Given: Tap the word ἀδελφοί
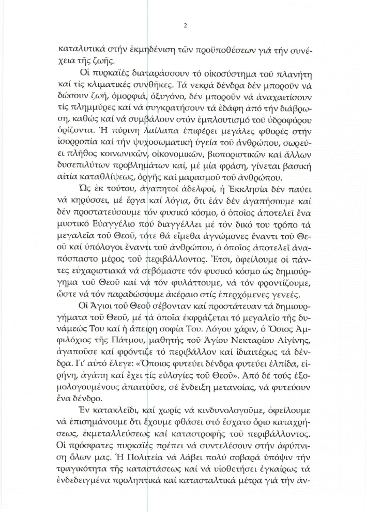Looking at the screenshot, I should click(x=175, y=201).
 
